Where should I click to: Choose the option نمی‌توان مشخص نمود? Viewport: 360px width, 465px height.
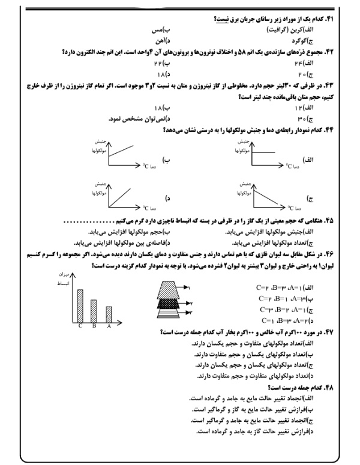coord(132,119)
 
